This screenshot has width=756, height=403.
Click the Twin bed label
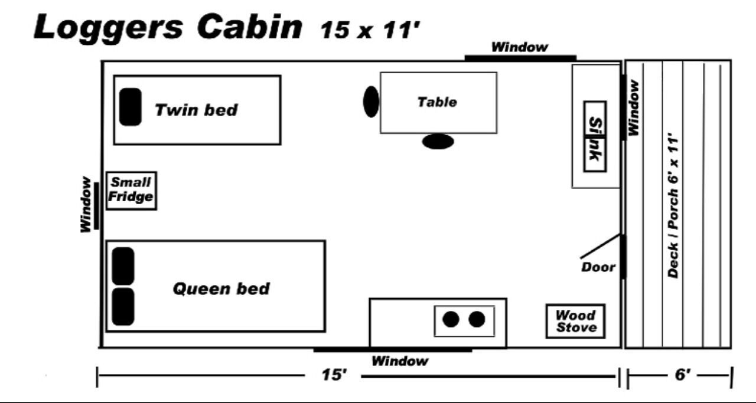tap(196, 110)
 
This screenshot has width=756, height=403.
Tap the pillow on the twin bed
tap(130, 107)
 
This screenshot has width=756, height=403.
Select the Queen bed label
tap(221, 289)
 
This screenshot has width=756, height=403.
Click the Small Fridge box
tap(131, 191)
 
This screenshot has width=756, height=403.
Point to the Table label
tap(437, 102)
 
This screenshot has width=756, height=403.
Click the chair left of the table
tap(371, 101)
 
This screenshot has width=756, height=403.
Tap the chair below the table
tap(438, 142)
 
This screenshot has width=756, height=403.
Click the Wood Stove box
tap(576, 322)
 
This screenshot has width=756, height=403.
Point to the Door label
tap(598, 267)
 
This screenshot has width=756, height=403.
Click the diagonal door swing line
tap(601, 246)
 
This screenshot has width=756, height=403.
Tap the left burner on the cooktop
tap(451, 320)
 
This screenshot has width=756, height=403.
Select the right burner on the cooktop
tap(477, 320)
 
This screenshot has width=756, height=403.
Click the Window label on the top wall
tap(520, 47)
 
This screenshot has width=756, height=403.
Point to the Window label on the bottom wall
tap(399, 361)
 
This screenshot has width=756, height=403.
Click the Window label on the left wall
tap(86, 205)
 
